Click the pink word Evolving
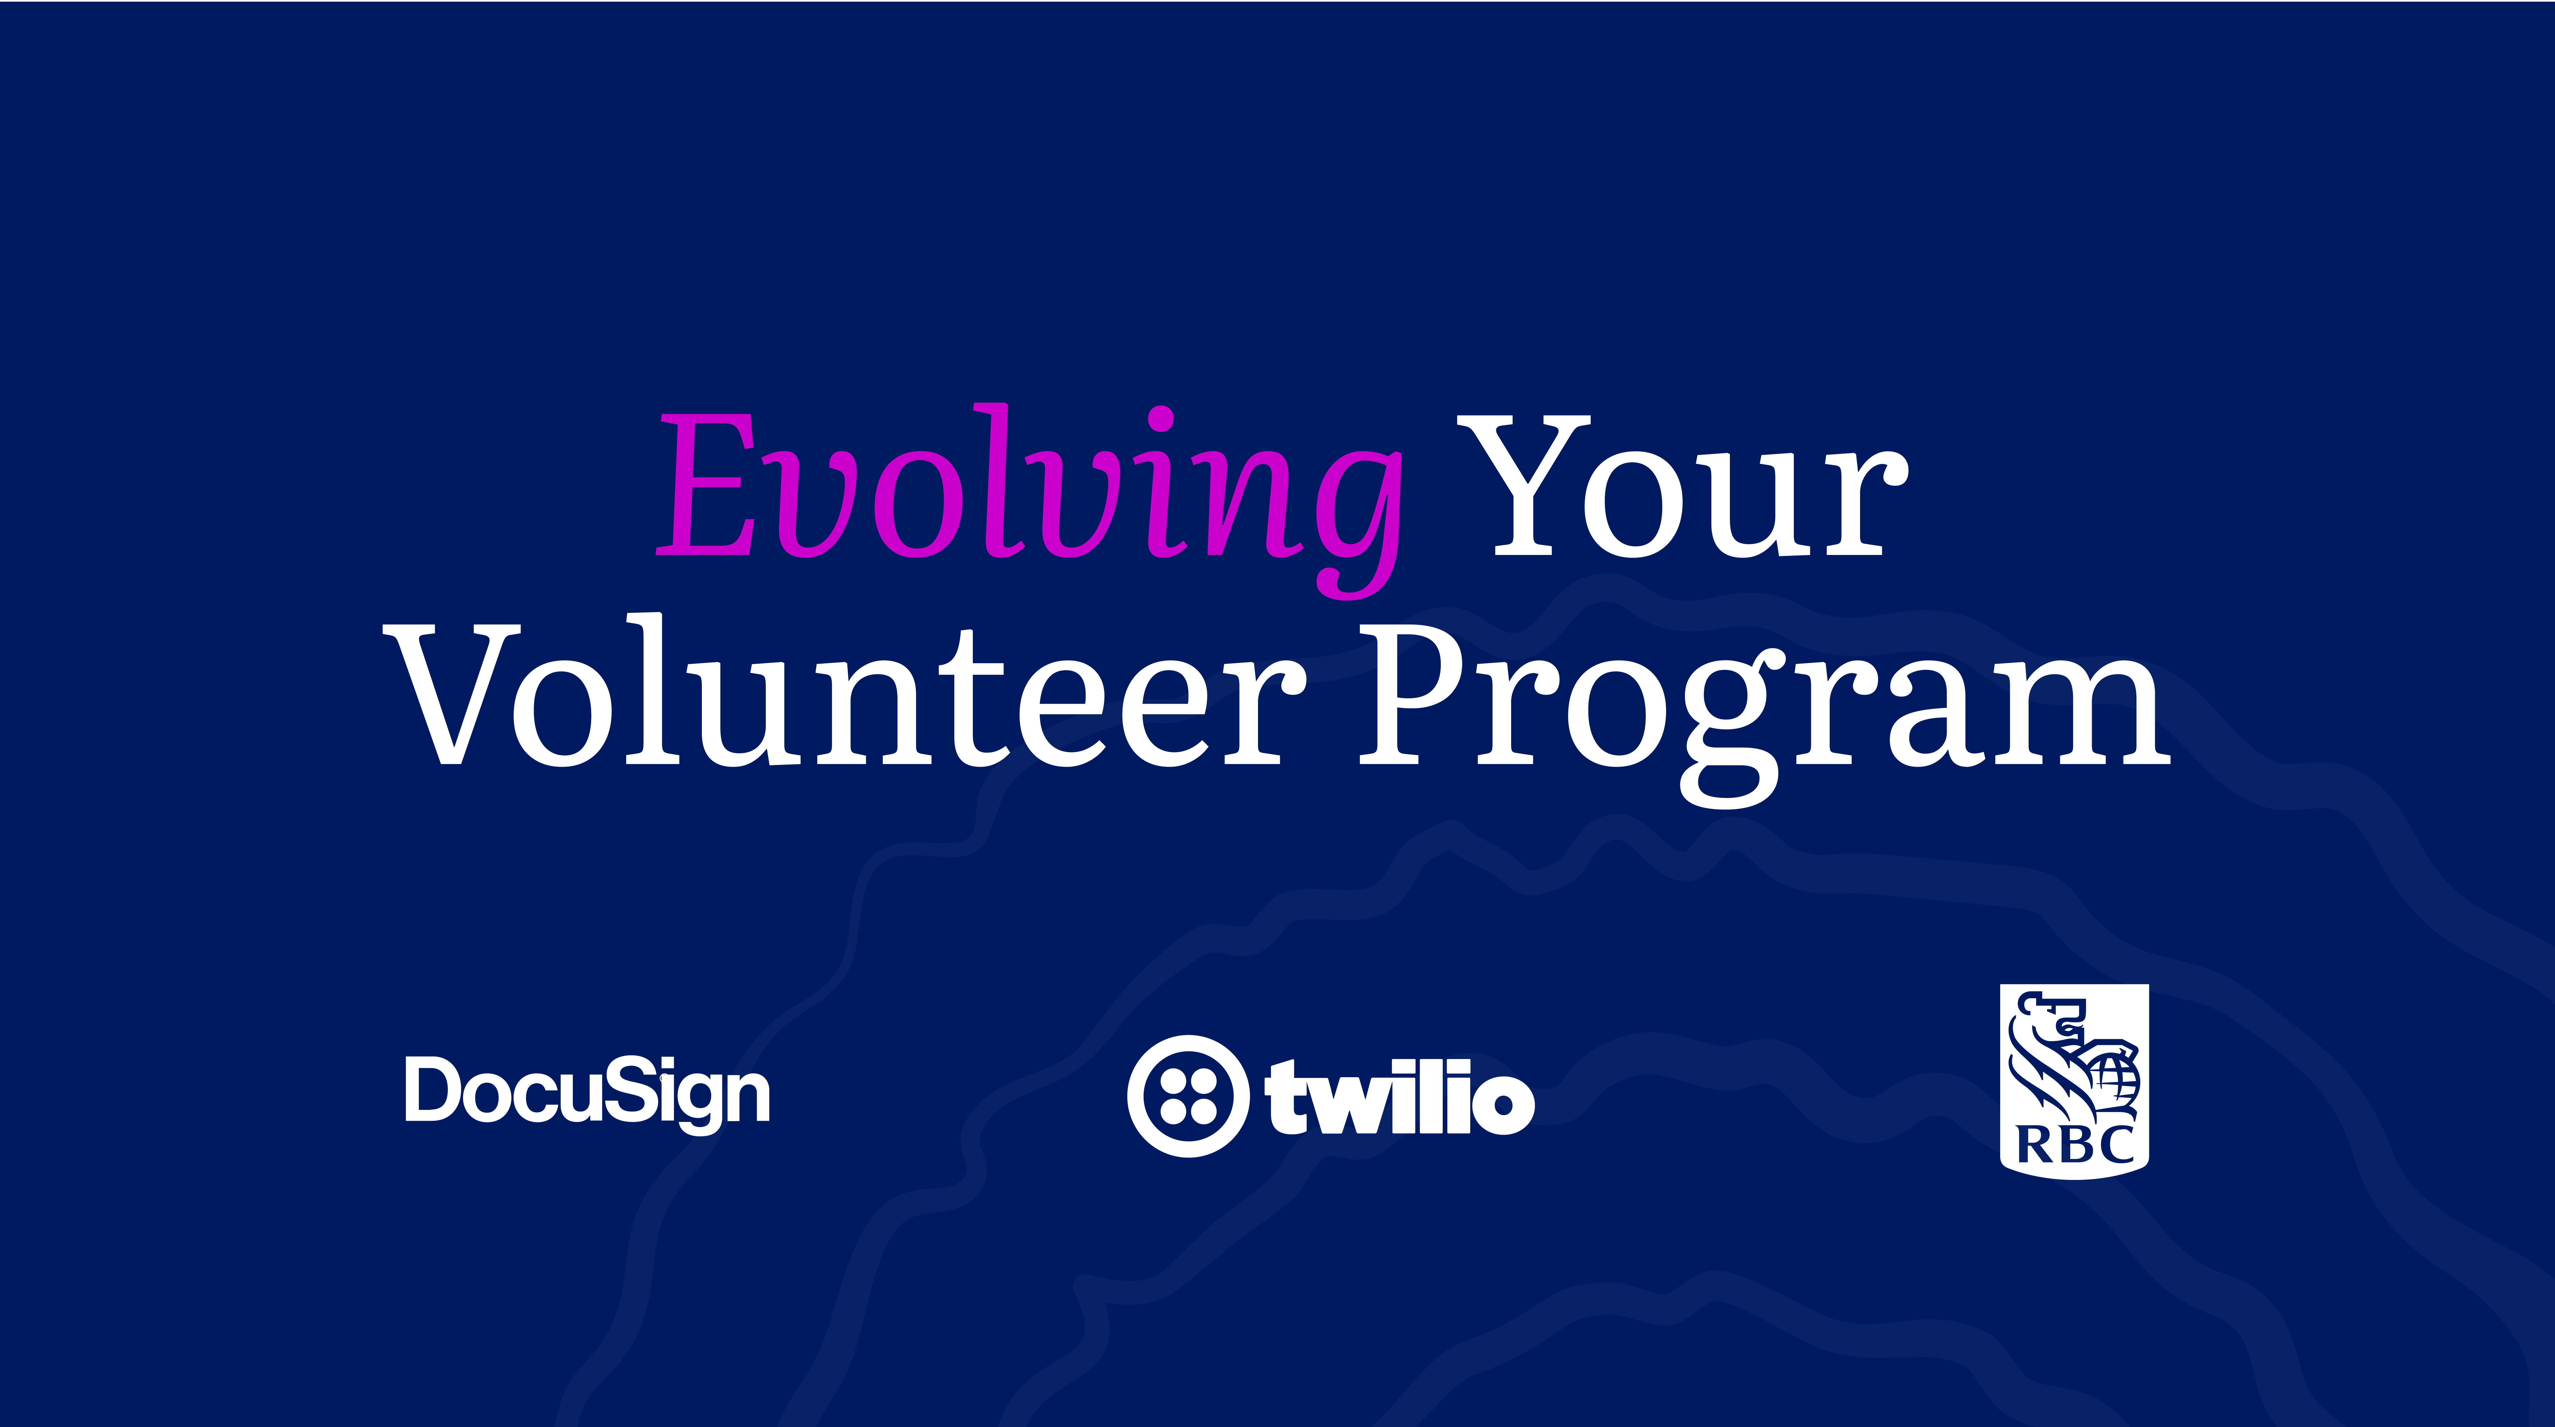coord(1030,501)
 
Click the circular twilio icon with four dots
coord(1187,1096)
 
